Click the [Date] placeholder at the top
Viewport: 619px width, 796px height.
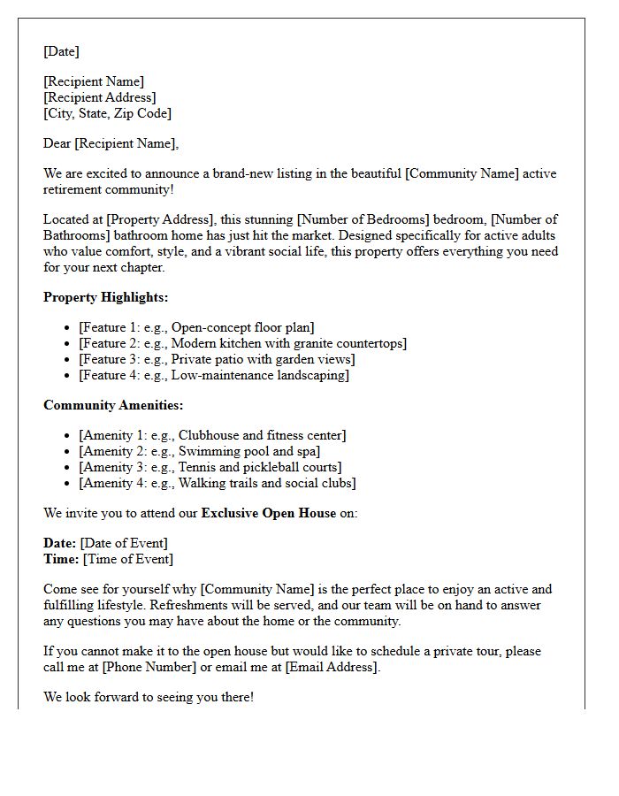61,51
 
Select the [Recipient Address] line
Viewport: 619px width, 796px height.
99,97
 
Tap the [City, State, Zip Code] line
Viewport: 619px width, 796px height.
107,113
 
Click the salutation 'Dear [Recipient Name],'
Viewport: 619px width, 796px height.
111,143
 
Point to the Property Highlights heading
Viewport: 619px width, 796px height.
105,297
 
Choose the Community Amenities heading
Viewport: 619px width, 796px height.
113,405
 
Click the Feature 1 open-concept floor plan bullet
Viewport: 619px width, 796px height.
196,327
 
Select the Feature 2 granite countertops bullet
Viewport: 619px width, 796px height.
242,343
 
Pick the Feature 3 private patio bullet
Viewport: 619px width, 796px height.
217,359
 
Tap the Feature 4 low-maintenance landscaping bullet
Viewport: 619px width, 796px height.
213,375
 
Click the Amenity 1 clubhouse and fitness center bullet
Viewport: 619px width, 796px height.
212,435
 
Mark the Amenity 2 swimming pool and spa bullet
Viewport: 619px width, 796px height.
199,451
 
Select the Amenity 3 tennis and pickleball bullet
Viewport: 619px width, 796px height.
210,467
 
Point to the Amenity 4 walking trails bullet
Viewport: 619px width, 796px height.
217,483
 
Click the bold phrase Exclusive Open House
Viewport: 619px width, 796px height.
269,513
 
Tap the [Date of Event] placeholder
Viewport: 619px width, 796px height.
124,543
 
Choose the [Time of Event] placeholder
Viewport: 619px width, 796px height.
127,559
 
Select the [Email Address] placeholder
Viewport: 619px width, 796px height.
332,667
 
